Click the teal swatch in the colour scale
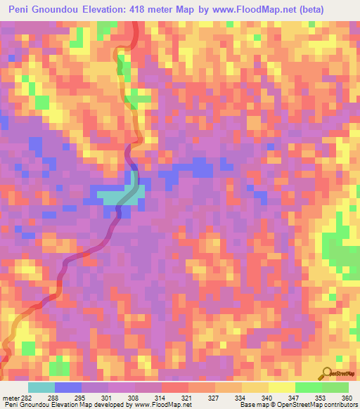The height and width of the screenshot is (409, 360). click(41, 387)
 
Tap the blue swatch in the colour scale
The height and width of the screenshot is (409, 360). click(68, 387)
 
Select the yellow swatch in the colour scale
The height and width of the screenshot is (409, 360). click(282, 387)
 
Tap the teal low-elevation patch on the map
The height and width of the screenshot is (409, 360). click(116, 195)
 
